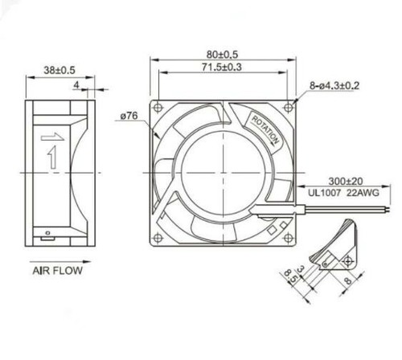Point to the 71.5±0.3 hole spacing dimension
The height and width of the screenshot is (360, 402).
(223, 68)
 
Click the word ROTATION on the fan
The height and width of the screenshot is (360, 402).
(267, 129)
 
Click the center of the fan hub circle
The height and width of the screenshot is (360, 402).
(223, 170)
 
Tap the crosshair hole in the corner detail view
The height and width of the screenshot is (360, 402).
(347, 260)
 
